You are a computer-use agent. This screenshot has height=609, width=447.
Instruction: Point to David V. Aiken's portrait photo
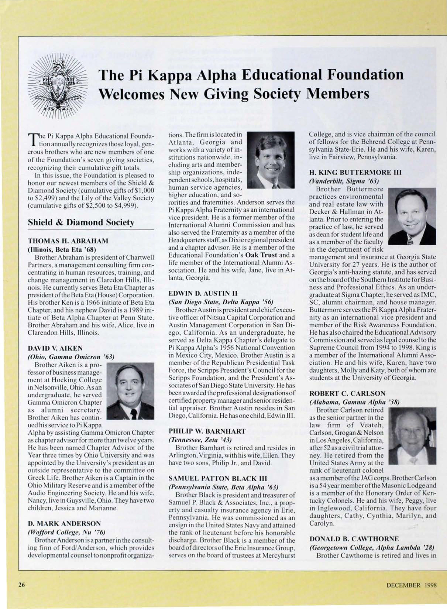pyautogui.click(x=130, y=391)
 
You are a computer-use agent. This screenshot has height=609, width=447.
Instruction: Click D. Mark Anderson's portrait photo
pyautogui.click(x=271, y=160)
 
